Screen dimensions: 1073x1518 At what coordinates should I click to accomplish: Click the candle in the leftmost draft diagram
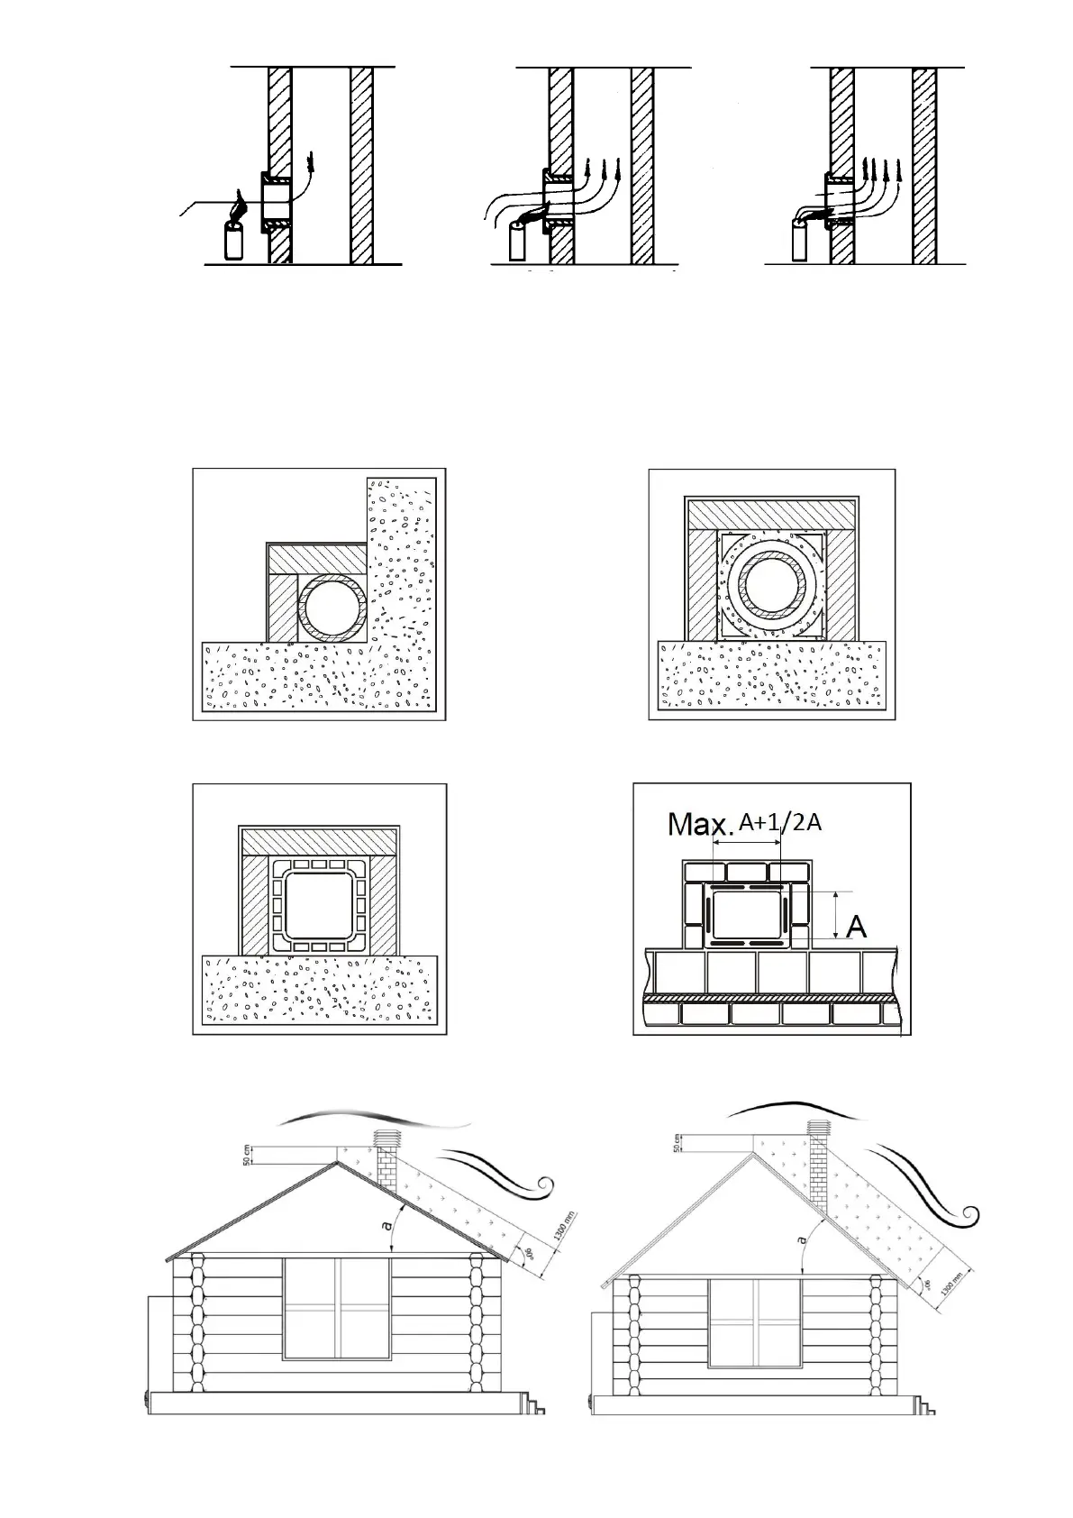tap(235, 241)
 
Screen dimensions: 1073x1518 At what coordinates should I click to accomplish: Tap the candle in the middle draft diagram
tap(517, 242)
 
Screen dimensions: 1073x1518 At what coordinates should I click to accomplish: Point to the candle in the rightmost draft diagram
tap(799, 241)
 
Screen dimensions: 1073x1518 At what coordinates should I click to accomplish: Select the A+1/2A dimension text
tap(779, 822)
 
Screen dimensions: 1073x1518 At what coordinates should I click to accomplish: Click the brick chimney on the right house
tap(818, 1172)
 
